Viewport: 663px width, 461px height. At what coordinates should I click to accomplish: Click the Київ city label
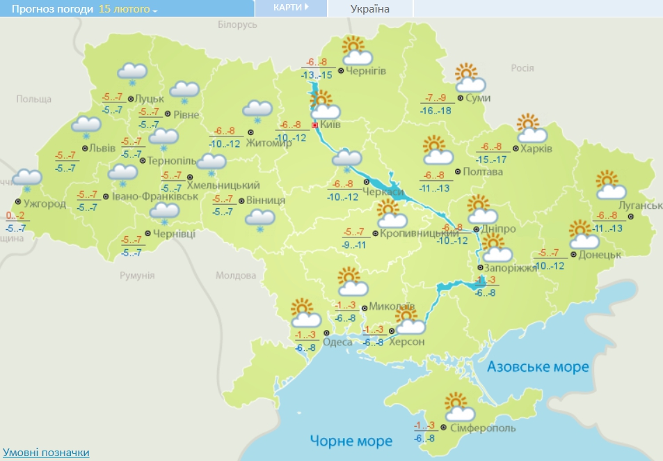[330, 125]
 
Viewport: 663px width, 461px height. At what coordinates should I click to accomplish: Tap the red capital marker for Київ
[314, 125]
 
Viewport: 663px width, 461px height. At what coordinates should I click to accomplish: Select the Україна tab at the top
[369, 8]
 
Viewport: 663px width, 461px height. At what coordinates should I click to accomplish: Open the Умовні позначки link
[46, 453]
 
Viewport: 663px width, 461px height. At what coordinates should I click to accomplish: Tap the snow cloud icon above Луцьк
[132, 72]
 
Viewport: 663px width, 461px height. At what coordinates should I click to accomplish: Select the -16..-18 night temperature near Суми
[436, 110]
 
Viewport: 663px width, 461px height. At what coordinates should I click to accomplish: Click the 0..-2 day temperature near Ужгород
[15, 215]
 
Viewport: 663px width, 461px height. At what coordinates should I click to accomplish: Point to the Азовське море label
[538, 367]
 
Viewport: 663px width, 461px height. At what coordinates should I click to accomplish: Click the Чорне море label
[351, 441]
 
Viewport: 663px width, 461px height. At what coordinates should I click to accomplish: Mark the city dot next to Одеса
[326, 333]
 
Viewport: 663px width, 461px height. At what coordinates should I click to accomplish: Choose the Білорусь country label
[237, 24]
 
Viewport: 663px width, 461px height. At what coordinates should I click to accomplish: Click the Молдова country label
[235, 275]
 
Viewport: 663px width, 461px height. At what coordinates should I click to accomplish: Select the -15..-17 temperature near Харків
[492, 159]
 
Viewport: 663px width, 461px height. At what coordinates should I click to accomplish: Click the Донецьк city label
[599, 255]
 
